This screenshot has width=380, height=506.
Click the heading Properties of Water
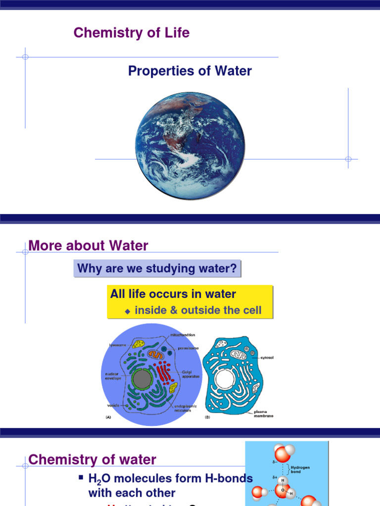pos(190,71)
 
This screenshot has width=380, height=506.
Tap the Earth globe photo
pos(190,146)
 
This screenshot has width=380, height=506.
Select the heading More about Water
pos(89,246)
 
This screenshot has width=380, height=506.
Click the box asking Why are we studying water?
pos(157,269)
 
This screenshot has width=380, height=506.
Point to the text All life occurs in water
pos(173,295)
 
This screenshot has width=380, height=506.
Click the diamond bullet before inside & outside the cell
pos(127,311)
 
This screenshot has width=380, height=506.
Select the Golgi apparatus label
pos(190,374)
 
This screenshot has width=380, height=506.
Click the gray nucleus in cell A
pos(142,379)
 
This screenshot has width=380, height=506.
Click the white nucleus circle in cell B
pos(225,379)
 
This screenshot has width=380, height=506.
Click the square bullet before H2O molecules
pos(81,477)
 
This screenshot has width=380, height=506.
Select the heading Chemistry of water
pos(93,460)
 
